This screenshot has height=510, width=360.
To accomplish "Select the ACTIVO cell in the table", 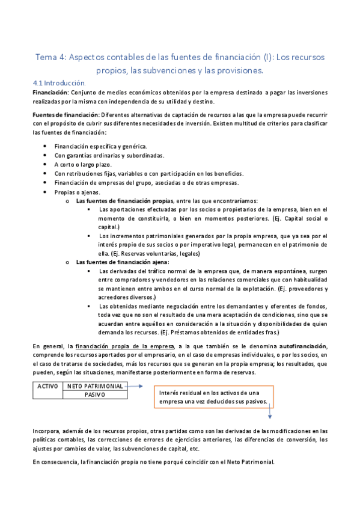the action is point(47,386).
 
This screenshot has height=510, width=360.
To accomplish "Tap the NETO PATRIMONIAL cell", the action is point(96,386).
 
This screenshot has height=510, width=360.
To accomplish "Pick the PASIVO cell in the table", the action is point(96,395).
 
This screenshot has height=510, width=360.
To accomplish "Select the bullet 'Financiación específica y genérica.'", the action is point(100,146).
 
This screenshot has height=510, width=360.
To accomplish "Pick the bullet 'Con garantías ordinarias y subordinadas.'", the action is point(109,156).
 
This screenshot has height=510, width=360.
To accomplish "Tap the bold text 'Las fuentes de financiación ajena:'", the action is point(123,262).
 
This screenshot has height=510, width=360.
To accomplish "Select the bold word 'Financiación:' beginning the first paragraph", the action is point(50,93).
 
